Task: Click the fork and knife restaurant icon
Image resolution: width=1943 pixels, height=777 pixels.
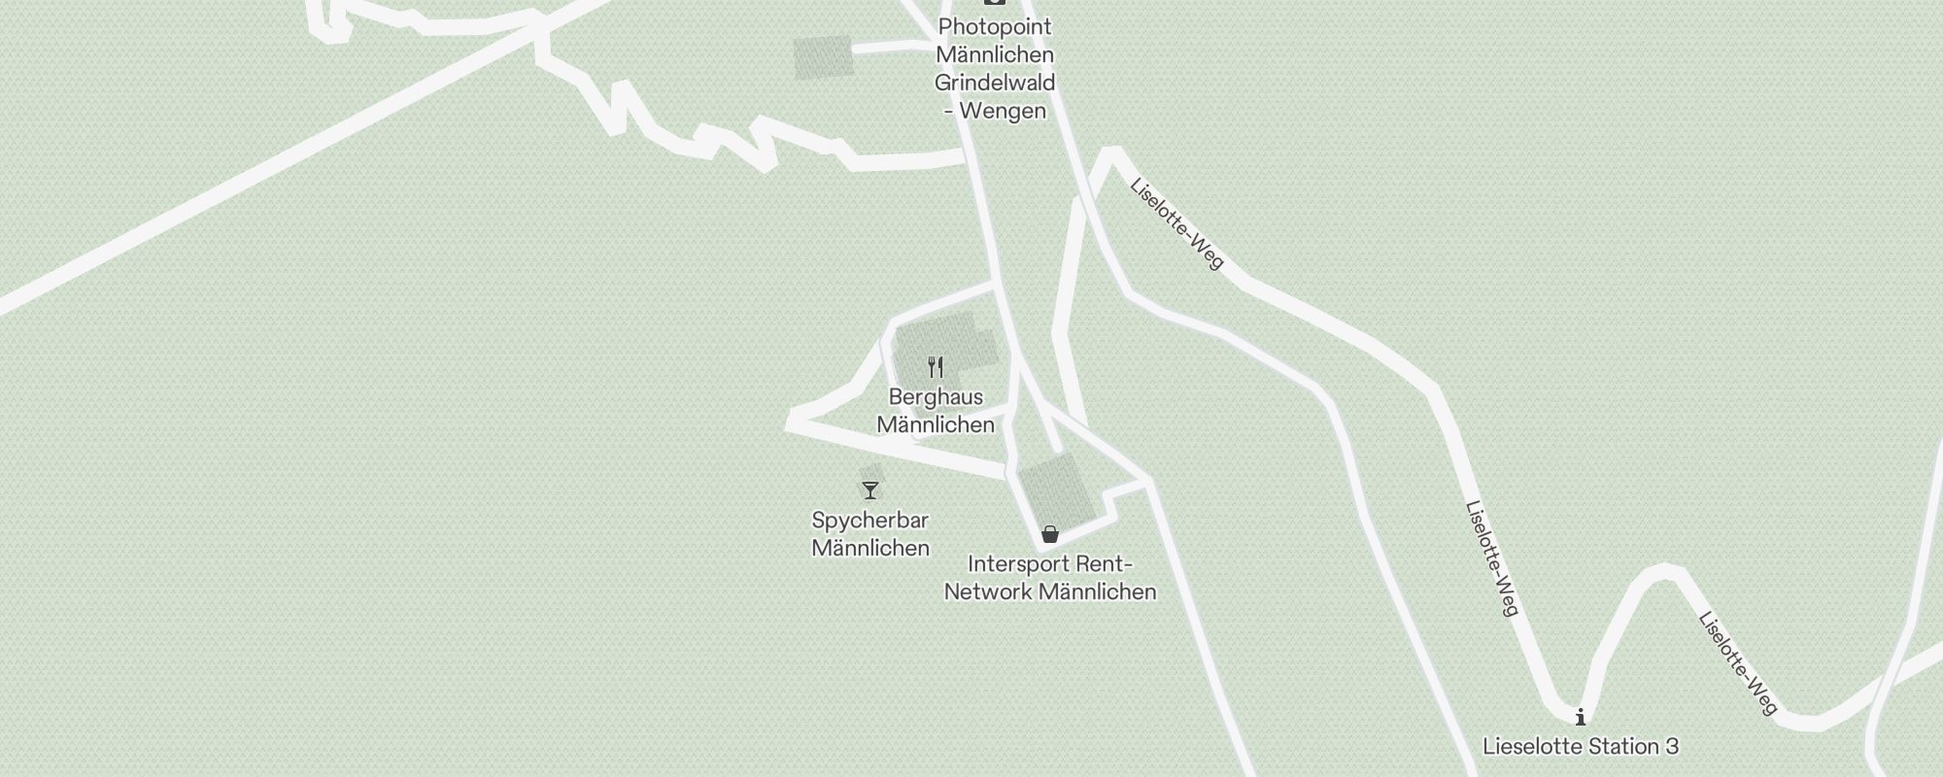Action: tap(936, 367)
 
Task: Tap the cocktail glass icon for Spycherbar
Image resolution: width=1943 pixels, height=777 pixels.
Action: tap(870, 490)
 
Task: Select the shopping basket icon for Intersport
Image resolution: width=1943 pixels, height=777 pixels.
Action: tap(1049, 534)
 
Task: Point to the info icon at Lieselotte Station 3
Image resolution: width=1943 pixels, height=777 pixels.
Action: tap(1581, 718)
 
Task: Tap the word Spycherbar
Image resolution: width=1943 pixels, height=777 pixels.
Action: tap(870, 521)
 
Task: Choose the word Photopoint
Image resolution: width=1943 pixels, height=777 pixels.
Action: tap(995, 27)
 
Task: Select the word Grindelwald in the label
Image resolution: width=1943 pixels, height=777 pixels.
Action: tap(995, 83)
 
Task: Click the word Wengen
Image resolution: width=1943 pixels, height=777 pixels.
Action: tap(1002, 111)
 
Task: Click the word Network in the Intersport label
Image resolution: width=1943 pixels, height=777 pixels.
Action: tap(987, 592)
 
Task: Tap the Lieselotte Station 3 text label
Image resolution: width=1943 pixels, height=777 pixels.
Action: tap(1581, 747)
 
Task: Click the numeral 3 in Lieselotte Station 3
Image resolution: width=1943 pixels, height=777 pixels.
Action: tap(1671, 747)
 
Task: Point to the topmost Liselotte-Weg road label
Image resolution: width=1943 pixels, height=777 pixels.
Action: tap(1176, 223)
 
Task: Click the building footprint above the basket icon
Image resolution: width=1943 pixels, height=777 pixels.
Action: tap(1056, 490)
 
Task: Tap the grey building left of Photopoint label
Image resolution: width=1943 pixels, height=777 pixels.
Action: tap(824, 57)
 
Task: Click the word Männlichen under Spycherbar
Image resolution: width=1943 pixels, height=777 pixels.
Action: tap(870, 549)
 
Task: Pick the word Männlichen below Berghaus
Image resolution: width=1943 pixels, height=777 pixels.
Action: tap(936, 425)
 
